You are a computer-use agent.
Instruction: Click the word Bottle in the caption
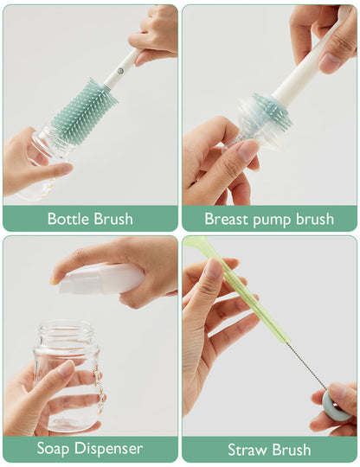click(67, 218)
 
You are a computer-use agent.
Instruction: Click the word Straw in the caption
click(247, 450)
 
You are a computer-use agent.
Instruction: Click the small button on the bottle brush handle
click(123, 63)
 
